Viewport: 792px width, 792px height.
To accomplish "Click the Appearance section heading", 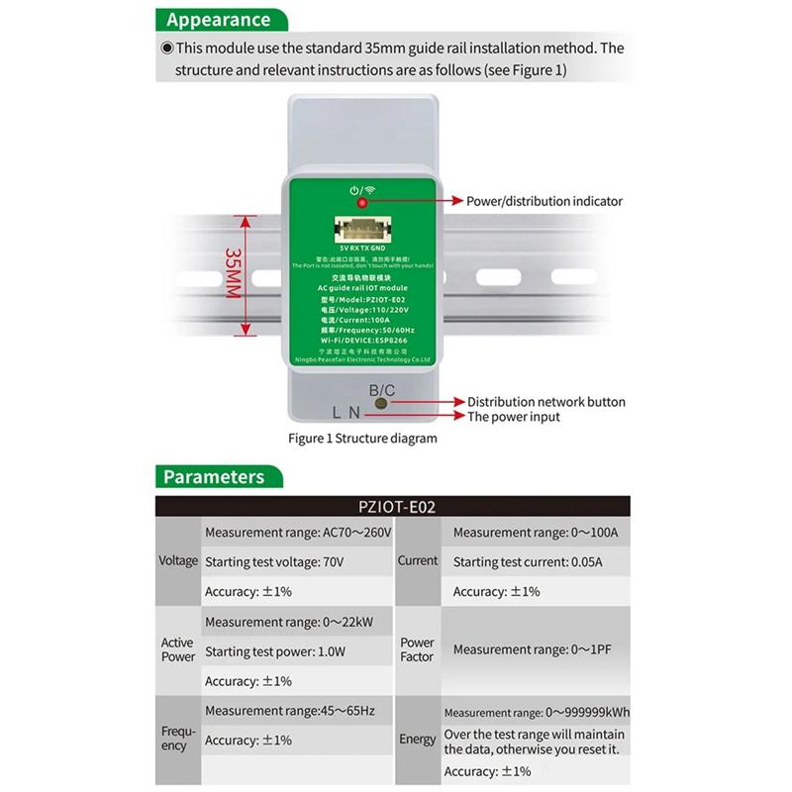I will coord(218,19).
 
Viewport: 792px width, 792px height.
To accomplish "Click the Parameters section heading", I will coord(214,477).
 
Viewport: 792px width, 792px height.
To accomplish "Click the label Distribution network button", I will coord(546,402).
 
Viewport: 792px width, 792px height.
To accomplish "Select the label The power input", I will coord(514,417).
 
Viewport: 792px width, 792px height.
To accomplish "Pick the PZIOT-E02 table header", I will coord(397,507).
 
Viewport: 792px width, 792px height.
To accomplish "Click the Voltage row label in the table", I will coord(178,561).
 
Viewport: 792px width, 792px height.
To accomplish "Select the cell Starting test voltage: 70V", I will coord(274,562).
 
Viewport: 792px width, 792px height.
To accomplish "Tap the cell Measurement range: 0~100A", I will coord(536,533).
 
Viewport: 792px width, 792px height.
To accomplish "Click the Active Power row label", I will coord(178,649).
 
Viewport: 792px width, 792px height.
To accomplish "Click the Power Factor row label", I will coord(418,649).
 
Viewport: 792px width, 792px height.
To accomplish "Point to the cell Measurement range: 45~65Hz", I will coord(290,711).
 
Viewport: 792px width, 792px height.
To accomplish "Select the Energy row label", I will coord(418,740).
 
